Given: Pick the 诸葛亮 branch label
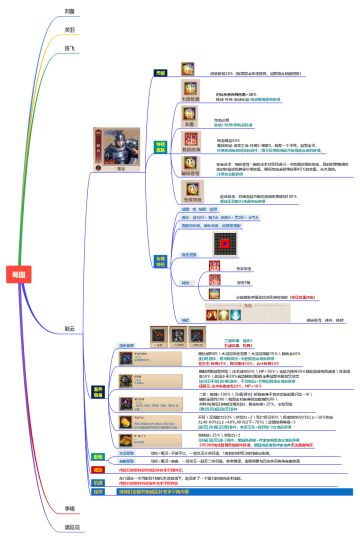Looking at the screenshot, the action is tap(72, 526).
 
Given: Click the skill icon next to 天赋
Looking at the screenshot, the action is tap(187, 69).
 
